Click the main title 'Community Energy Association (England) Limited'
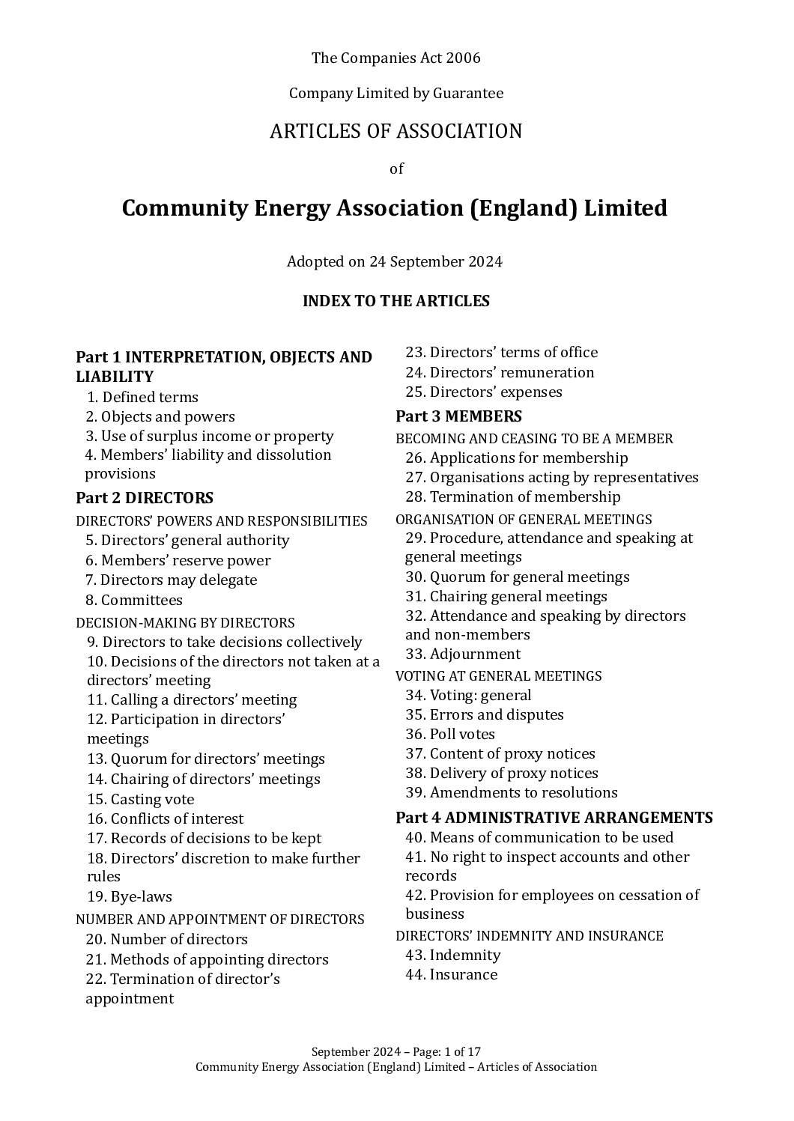394,208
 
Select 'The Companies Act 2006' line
396,58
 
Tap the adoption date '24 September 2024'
435,262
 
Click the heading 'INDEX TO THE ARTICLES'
396,301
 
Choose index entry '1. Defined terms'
142,397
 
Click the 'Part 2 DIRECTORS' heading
145,498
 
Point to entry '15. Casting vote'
140,799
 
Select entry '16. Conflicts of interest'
165,818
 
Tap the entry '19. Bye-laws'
129,896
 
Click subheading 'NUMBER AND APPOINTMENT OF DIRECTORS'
220,919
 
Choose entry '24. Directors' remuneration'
500,372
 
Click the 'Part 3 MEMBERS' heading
458,416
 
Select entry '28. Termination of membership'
512,496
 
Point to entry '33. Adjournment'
462,654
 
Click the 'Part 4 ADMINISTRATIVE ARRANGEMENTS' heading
554,817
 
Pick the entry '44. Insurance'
451,974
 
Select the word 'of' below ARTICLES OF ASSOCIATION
396,168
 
